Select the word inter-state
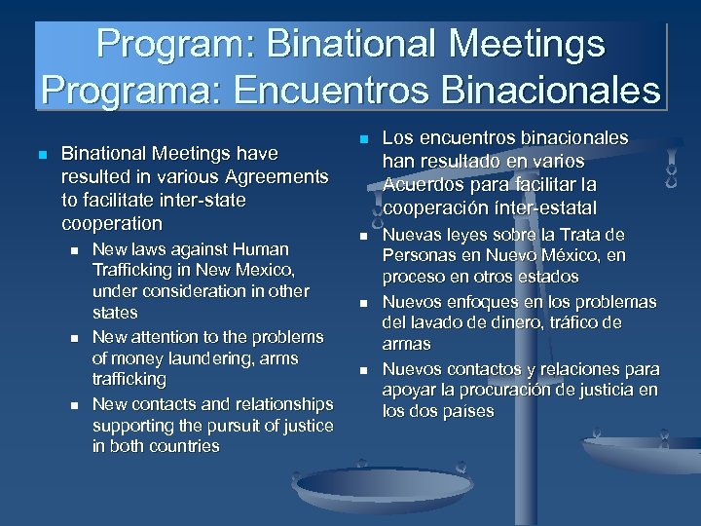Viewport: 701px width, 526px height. click(x=201, y=199)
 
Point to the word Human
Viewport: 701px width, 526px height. click(x=256, y=249)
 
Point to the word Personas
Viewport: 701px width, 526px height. click(x=417, y=255)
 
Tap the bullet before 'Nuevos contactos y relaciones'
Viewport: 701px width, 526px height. click(x=362, y=370)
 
